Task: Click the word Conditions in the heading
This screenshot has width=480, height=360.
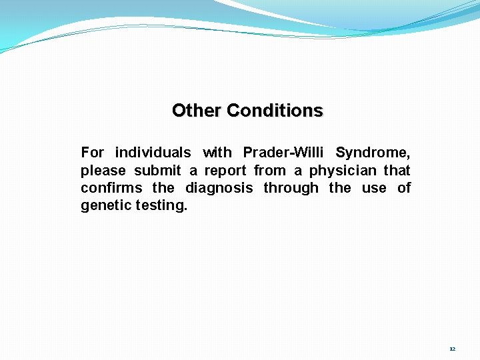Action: (275, 110)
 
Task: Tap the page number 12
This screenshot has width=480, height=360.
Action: (452, 349)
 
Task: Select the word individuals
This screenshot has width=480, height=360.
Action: (153, 153)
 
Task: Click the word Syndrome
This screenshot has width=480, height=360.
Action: (373, 153)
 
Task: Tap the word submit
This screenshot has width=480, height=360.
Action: (157, 171)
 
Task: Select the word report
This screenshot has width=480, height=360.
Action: (225, 171)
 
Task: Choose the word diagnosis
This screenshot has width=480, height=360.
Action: (219, 188)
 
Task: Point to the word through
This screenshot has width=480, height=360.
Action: (291, 188)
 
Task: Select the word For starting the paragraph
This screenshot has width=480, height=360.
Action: (93, 153)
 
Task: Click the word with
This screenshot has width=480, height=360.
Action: (217, 153)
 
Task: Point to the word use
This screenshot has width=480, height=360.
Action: (374, 188)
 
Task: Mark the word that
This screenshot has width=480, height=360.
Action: (397, 171)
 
